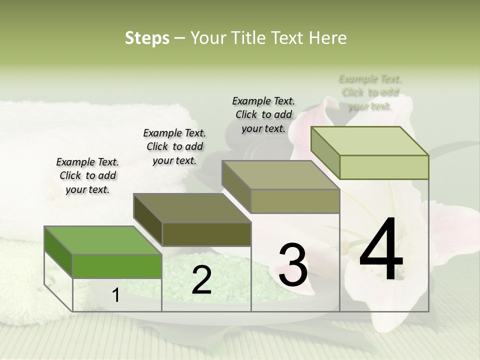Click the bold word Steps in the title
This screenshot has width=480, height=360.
click(x=147, y=38)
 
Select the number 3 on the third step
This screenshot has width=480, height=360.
click(x=293, y=264)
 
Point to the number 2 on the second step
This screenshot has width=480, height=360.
click(x=201, y=280)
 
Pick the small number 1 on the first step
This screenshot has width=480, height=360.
click(x=116, y=295)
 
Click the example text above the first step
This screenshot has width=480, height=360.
click(x=87, y=175)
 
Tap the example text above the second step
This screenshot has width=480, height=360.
click(x=174, y=146)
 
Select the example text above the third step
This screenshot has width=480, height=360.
click(x=263, y=114)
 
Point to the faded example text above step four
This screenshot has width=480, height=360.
click(x=370, y=92)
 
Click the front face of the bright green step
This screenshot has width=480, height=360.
click(x=117, y=266)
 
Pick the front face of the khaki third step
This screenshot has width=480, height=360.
click(x=295, y=201)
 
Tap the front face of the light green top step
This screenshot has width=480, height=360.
click(x=384, y=167)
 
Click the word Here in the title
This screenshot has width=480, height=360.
click(x=328, y=38)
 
